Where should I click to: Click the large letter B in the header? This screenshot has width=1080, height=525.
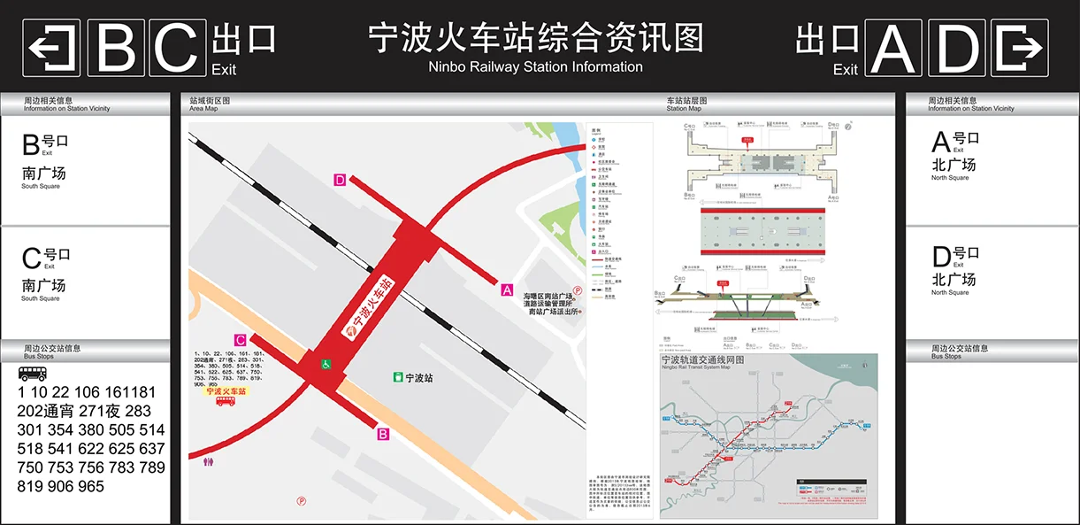[116, 48]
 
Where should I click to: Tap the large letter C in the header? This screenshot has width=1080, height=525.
[177, 48]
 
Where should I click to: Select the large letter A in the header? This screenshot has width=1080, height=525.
[895, 48]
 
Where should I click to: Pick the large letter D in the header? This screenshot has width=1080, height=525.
[957, 48]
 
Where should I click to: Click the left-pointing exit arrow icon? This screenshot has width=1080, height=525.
[51, 48]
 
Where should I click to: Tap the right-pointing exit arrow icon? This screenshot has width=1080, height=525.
[1020, 48]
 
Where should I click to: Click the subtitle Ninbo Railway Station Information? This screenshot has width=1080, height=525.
[535, 67]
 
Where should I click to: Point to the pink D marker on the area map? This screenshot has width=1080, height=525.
[340, 181]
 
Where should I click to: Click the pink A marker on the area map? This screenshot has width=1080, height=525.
[507, 289]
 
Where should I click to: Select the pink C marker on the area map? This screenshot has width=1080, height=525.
[240, 339]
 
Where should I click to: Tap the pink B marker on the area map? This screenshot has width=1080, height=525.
[383, 434]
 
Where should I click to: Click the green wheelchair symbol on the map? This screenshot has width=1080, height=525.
[326, 363]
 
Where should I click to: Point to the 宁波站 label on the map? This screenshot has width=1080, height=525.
[412, 378]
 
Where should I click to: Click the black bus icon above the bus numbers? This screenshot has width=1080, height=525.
[33, 374]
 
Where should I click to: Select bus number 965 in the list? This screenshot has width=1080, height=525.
[90, 486]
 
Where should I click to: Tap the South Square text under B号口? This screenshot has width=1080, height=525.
[41, 186]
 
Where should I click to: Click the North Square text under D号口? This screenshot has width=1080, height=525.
[950, 292]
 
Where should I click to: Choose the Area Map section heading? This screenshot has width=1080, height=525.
[203, 109]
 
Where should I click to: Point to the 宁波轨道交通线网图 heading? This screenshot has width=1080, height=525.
[703, 360]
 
